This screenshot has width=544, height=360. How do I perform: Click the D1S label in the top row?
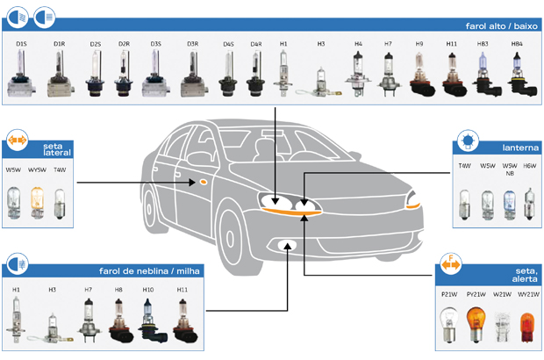tap(22, 43)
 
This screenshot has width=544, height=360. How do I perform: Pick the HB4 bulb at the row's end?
tap(518, 73)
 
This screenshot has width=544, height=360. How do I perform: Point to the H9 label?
tap(419, 43)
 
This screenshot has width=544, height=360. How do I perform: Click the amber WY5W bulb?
tap(37, 199)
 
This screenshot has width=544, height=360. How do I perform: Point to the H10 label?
tap(148, 290)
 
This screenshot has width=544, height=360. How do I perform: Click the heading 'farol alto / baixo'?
tap(495, 25)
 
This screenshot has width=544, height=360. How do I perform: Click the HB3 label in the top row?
tap(483, 43)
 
